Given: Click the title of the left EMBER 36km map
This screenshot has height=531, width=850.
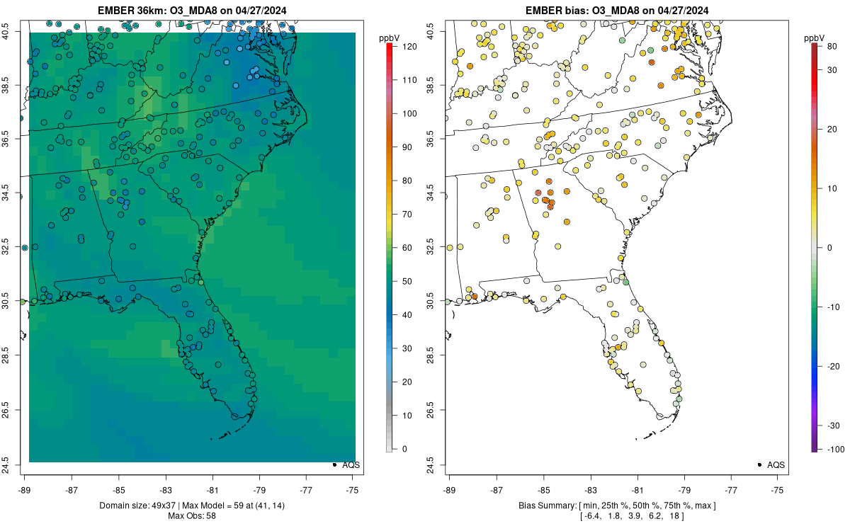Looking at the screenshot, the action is pos(192,10).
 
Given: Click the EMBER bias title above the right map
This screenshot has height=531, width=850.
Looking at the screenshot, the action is pos(617,10).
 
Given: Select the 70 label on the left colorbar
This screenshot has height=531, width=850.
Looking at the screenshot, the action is pos(407,215).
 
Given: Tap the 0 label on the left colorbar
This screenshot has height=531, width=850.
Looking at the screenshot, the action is pos(404,449).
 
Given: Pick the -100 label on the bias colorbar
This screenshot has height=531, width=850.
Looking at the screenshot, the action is pos(836,450).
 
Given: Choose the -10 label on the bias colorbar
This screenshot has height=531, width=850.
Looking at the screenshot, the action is pos(833,307).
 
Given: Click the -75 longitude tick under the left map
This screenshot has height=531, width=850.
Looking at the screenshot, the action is pos(353,491).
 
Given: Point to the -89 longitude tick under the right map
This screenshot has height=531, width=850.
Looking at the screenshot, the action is pos(450,491).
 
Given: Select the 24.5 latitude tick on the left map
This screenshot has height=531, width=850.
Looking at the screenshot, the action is pos(6,465).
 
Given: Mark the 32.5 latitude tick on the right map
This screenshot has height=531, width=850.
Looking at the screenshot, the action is pos(431,246).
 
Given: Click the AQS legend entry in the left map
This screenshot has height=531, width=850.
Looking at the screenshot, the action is pos(346,465).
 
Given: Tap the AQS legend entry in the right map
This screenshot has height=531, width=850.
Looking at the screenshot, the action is pos(771,465).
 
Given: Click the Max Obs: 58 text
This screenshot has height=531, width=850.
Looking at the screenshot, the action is pos(192,516).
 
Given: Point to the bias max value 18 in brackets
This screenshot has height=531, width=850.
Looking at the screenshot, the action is pos(674,516).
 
